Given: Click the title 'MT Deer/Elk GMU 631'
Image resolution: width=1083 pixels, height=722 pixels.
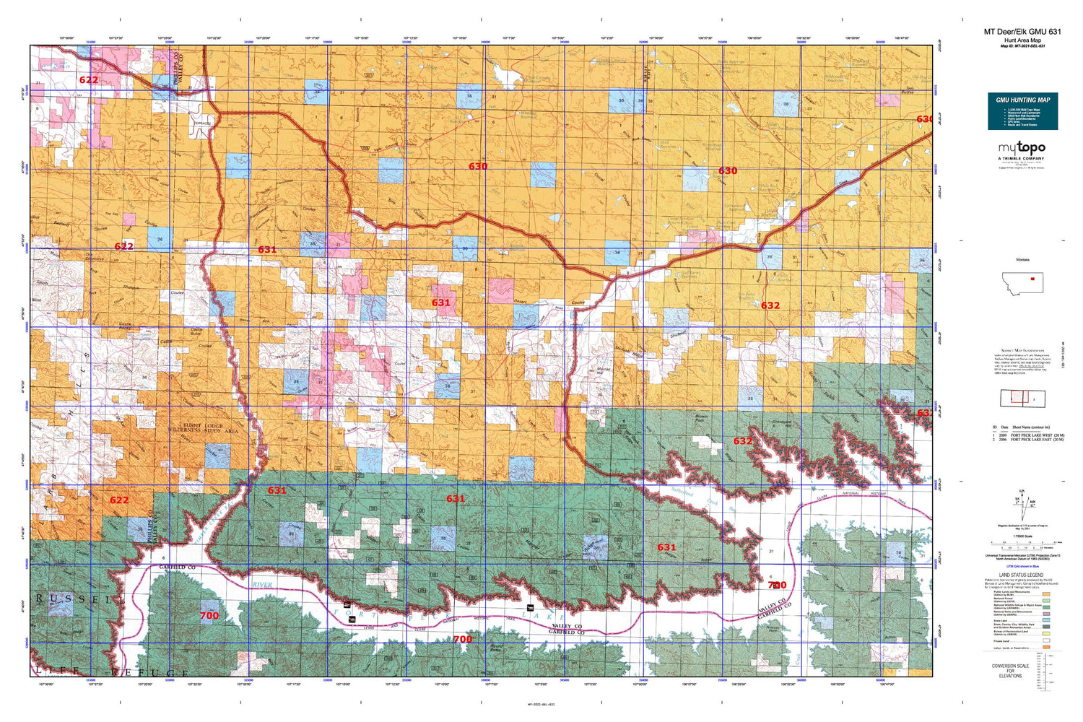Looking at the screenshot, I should [1022, 32].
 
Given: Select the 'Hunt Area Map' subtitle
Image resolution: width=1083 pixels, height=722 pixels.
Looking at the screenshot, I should [1022, 40].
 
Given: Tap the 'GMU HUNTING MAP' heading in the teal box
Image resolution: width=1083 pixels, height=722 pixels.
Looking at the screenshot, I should [1022, 100].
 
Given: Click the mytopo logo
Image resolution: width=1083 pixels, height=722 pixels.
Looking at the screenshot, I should [1022, 148].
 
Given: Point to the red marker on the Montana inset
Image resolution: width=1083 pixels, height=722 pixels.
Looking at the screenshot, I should [1032, 279].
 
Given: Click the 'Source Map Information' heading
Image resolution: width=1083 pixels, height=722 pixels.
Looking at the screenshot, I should [1022, 350].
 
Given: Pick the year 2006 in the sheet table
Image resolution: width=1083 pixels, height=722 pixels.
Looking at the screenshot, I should [1002, 440].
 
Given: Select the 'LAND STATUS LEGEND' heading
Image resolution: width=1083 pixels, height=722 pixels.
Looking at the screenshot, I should [1022, 575].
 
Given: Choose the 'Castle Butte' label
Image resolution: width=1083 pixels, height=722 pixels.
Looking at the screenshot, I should [196, 331].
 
